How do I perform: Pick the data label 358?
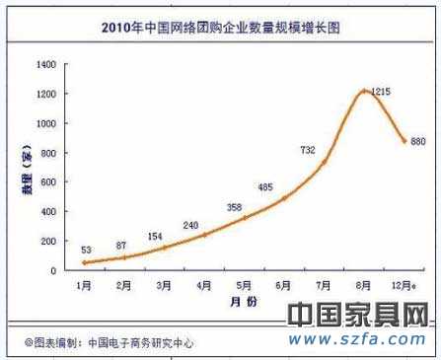[x=233, y=207]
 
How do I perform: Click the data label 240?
[x=191, y=225]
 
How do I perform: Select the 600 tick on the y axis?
[x=46, y=181]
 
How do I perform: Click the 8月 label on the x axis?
[x=365, y=284]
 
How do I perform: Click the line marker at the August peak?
[x=365, y=91]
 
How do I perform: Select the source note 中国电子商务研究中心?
[x=138, y=343]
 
